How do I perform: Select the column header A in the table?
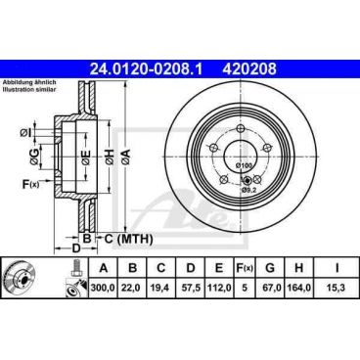tap(102, 265)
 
